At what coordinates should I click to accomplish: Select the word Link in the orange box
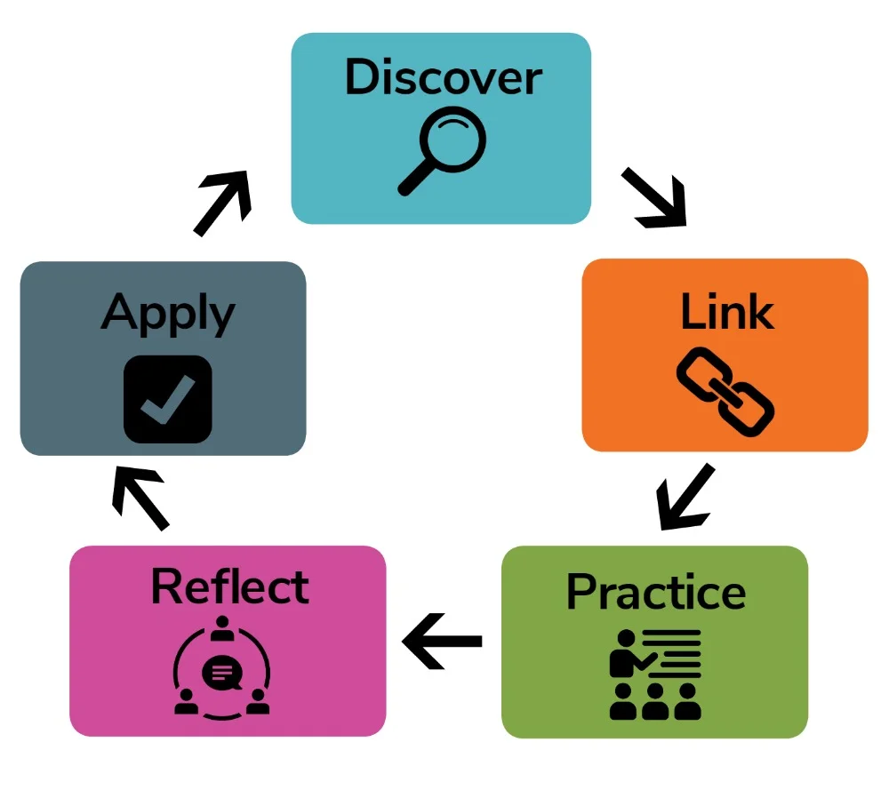click(x=726, y=312)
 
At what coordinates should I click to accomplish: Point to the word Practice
click(x=655, y=592)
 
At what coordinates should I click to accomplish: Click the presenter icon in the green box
click(x=655, y=674)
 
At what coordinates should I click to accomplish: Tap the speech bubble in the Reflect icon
click(x=220, y=674)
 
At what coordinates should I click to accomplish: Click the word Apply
click(x=167, y=313)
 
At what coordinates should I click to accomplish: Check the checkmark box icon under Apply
click(x=167, y=399)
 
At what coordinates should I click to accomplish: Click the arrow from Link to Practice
click(x=685, y=495)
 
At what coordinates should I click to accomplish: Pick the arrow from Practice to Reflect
click(x=443, y=641)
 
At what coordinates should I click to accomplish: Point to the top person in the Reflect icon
click(x=220, y=628)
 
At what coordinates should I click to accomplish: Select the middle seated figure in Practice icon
click(x=655, y=703)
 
